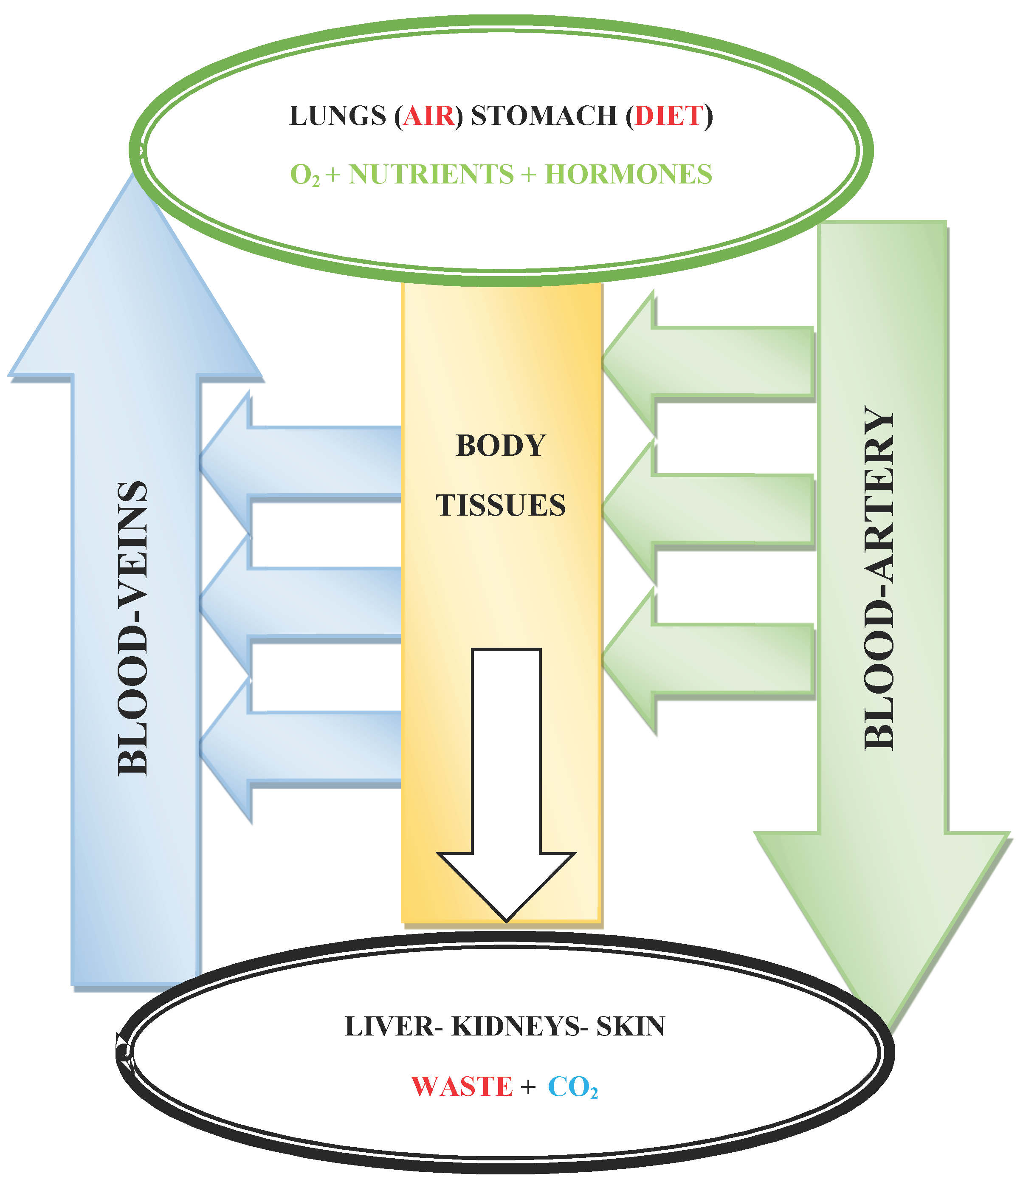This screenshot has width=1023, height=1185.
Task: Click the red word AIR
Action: click(429, 116)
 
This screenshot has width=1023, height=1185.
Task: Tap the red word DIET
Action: click(668, 116)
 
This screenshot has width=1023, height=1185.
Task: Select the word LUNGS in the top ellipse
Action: click(337, 116)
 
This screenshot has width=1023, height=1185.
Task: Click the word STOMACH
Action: click(544, 116)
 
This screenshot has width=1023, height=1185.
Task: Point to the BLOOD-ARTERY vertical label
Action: click(878, 578)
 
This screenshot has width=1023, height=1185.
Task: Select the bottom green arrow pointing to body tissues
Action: click(709, 660)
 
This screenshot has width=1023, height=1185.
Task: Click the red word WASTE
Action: click(462, 1086)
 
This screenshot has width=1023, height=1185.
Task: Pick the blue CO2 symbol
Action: click(572, 1086)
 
